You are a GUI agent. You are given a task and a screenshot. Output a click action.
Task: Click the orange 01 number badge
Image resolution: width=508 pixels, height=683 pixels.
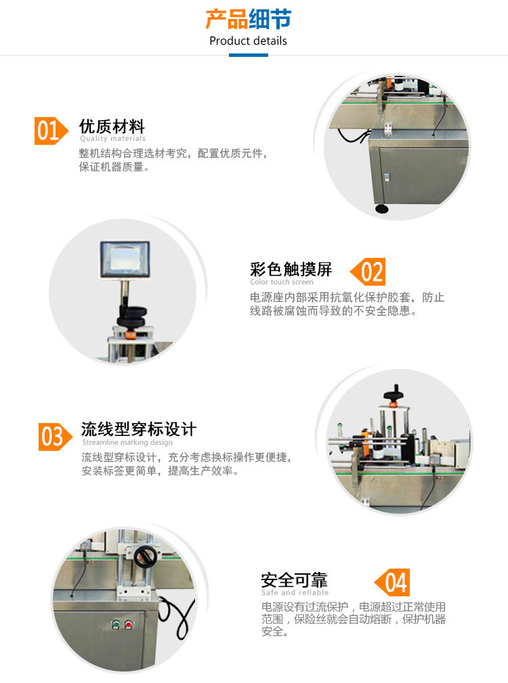tap(51, 131)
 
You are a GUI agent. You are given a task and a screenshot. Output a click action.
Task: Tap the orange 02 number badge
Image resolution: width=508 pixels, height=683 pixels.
tap(368, 271)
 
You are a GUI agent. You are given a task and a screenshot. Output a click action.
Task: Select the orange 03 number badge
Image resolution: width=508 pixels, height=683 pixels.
tap(55, 437)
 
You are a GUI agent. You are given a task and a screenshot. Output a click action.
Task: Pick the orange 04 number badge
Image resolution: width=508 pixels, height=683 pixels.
tap(393, 582)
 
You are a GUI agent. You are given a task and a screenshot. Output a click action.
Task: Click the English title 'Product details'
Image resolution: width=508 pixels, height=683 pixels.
tap(248, 41)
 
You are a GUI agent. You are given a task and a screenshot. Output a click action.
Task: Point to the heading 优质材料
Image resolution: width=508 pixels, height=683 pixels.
tap(112, 127)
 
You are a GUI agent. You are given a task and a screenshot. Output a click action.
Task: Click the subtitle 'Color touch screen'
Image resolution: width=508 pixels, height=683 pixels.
tap(282, 282)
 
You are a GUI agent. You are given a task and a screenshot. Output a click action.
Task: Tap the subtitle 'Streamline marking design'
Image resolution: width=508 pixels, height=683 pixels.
tap(127, 442)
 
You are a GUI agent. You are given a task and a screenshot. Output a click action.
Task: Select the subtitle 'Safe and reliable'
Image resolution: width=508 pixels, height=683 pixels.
tap(295, 592)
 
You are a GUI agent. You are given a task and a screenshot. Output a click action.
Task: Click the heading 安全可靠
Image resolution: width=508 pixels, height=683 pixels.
tap(294, 579)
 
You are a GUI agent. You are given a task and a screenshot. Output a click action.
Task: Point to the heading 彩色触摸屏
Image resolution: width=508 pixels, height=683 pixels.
tap(291, 269)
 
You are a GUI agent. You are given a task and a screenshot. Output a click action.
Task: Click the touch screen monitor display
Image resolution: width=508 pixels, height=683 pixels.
tap(125, 259)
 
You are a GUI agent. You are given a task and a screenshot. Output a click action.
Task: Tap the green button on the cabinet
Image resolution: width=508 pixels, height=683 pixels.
tap(116, 625)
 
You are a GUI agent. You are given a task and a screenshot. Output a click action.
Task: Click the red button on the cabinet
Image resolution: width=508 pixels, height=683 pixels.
tap(128, 625)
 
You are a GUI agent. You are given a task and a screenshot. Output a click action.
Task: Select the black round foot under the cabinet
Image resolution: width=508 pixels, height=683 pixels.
tap(381, 209)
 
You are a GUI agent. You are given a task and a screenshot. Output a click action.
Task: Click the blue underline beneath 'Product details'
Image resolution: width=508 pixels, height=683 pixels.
tap(249, 56)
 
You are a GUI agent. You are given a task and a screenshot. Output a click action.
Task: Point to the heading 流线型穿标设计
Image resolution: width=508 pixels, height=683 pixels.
tap(139, 429)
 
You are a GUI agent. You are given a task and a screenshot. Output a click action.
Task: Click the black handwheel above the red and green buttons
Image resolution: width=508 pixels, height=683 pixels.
tap(144, 556)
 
